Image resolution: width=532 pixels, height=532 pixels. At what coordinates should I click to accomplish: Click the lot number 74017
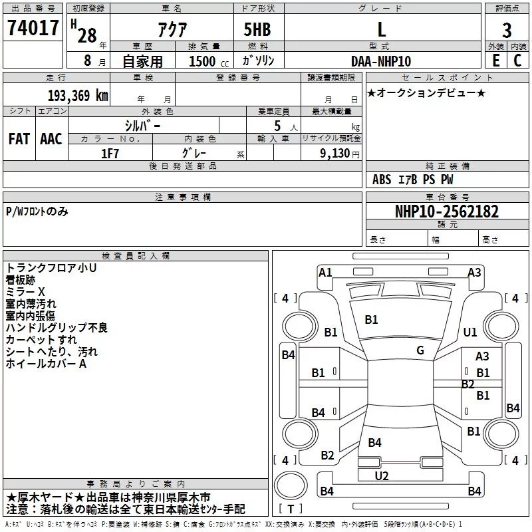(x=33, y=28)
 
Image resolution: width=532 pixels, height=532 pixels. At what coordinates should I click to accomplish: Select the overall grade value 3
(x=507, y=30)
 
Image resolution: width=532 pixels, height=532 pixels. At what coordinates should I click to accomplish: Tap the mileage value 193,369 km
(x=78, y=96)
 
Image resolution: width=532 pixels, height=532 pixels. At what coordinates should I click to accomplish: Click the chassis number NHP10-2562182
(x=447, y=211)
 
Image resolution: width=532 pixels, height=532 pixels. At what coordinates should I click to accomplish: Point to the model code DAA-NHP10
(x=381, y=61)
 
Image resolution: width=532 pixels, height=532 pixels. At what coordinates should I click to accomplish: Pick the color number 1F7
(x=110, y=154)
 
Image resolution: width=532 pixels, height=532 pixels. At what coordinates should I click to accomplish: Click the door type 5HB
(x=257, y=29)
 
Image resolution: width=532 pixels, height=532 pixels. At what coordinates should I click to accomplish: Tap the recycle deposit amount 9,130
(x=335, y=154)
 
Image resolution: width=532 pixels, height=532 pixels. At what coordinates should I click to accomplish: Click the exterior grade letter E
(x=495, y=61)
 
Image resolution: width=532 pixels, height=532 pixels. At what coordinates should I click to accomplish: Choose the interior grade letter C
(x=517, y=61)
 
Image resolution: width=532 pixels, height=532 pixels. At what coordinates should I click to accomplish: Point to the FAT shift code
(x=19, y=139)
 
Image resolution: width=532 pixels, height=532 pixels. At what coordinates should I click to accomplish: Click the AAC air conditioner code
(x=51, y=139)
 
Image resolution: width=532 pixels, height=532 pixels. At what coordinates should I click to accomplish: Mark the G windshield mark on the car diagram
(x=420, y=350)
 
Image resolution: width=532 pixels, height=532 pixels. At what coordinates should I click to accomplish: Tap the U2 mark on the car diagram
(x=382, y=475)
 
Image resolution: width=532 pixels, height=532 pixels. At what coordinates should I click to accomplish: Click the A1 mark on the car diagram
(x=325, y=273)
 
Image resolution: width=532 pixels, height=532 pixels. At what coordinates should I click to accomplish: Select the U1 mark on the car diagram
(x=470, y=332)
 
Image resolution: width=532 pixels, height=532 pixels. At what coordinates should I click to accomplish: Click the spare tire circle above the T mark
(x=291, y=485)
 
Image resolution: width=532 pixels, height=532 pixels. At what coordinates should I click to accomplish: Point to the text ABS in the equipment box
(x=382, y=180)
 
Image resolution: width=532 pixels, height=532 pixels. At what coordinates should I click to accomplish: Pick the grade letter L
(x=382, y=29)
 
